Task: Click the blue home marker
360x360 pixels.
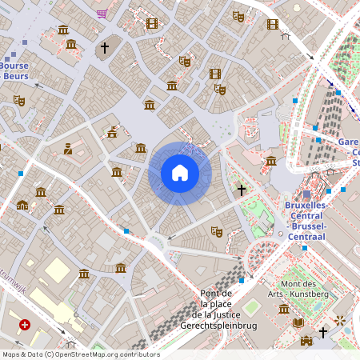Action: [x=180, y=173]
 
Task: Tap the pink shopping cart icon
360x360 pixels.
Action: [x=102, y=14]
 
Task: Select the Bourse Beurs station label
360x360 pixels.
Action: [x=16, y=70]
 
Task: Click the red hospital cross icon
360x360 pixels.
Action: [x=25, y=325]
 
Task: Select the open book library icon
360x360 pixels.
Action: [x=298, y=322]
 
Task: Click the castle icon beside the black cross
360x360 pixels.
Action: [x=306, y=341]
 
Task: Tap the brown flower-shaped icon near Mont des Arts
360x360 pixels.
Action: [x=341, y=320]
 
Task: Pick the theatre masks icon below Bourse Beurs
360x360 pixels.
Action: [x=19, y=101]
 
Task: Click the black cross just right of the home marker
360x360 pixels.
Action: [x=241, y=190]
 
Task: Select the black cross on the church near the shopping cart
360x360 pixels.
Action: [x=104, y=48]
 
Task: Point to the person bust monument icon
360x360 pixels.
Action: [x=68, y=148]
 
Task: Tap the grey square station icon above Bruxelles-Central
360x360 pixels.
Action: [x=306, y=194]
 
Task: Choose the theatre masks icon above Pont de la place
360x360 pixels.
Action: [x=215, y=231]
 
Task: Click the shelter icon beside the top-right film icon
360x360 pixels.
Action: [x=285, y=35]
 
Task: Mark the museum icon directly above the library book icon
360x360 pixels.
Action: [x=283, y=309]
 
